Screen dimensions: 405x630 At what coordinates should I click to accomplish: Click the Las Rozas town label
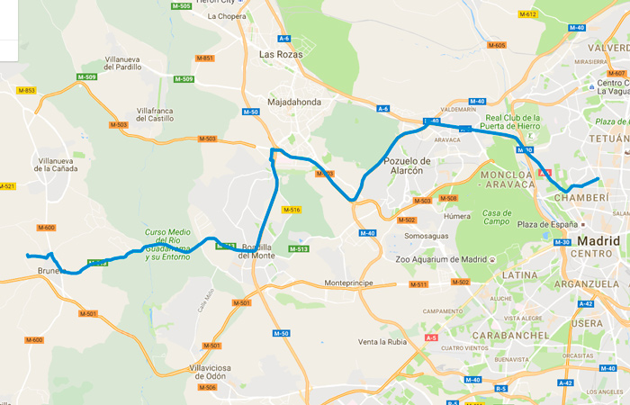[281, 54]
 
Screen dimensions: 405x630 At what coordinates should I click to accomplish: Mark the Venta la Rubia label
[382, 342]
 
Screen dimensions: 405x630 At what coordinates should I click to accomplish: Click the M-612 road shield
[527, 14]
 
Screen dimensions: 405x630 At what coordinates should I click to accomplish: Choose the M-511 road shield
[417, 284]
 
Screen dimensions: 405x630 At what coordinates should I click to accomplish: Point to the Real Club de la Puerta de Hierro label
[511, 122]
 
